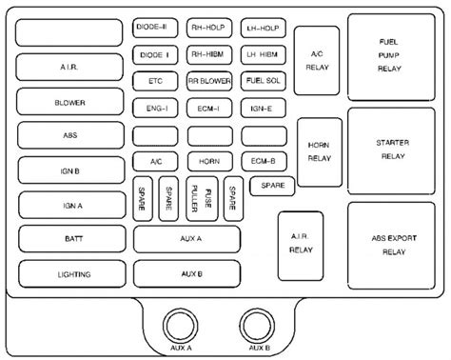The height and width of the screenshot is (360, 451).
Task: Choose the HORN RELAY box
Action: tap(315, 150)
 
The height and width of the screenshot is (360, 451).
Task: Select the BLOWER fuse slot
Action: tap(71, 102)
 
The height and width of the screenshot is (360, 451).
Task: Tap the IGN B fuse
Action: tap(71, 170)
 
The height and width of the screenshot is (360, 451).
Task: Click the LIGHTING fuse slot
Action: tap(71, 274)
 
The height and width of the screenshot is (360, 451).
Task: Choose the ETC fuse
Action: tap(154, 81)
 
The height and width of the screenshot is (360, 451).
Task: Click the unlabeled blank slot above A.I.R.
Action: tap(71, 32)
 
